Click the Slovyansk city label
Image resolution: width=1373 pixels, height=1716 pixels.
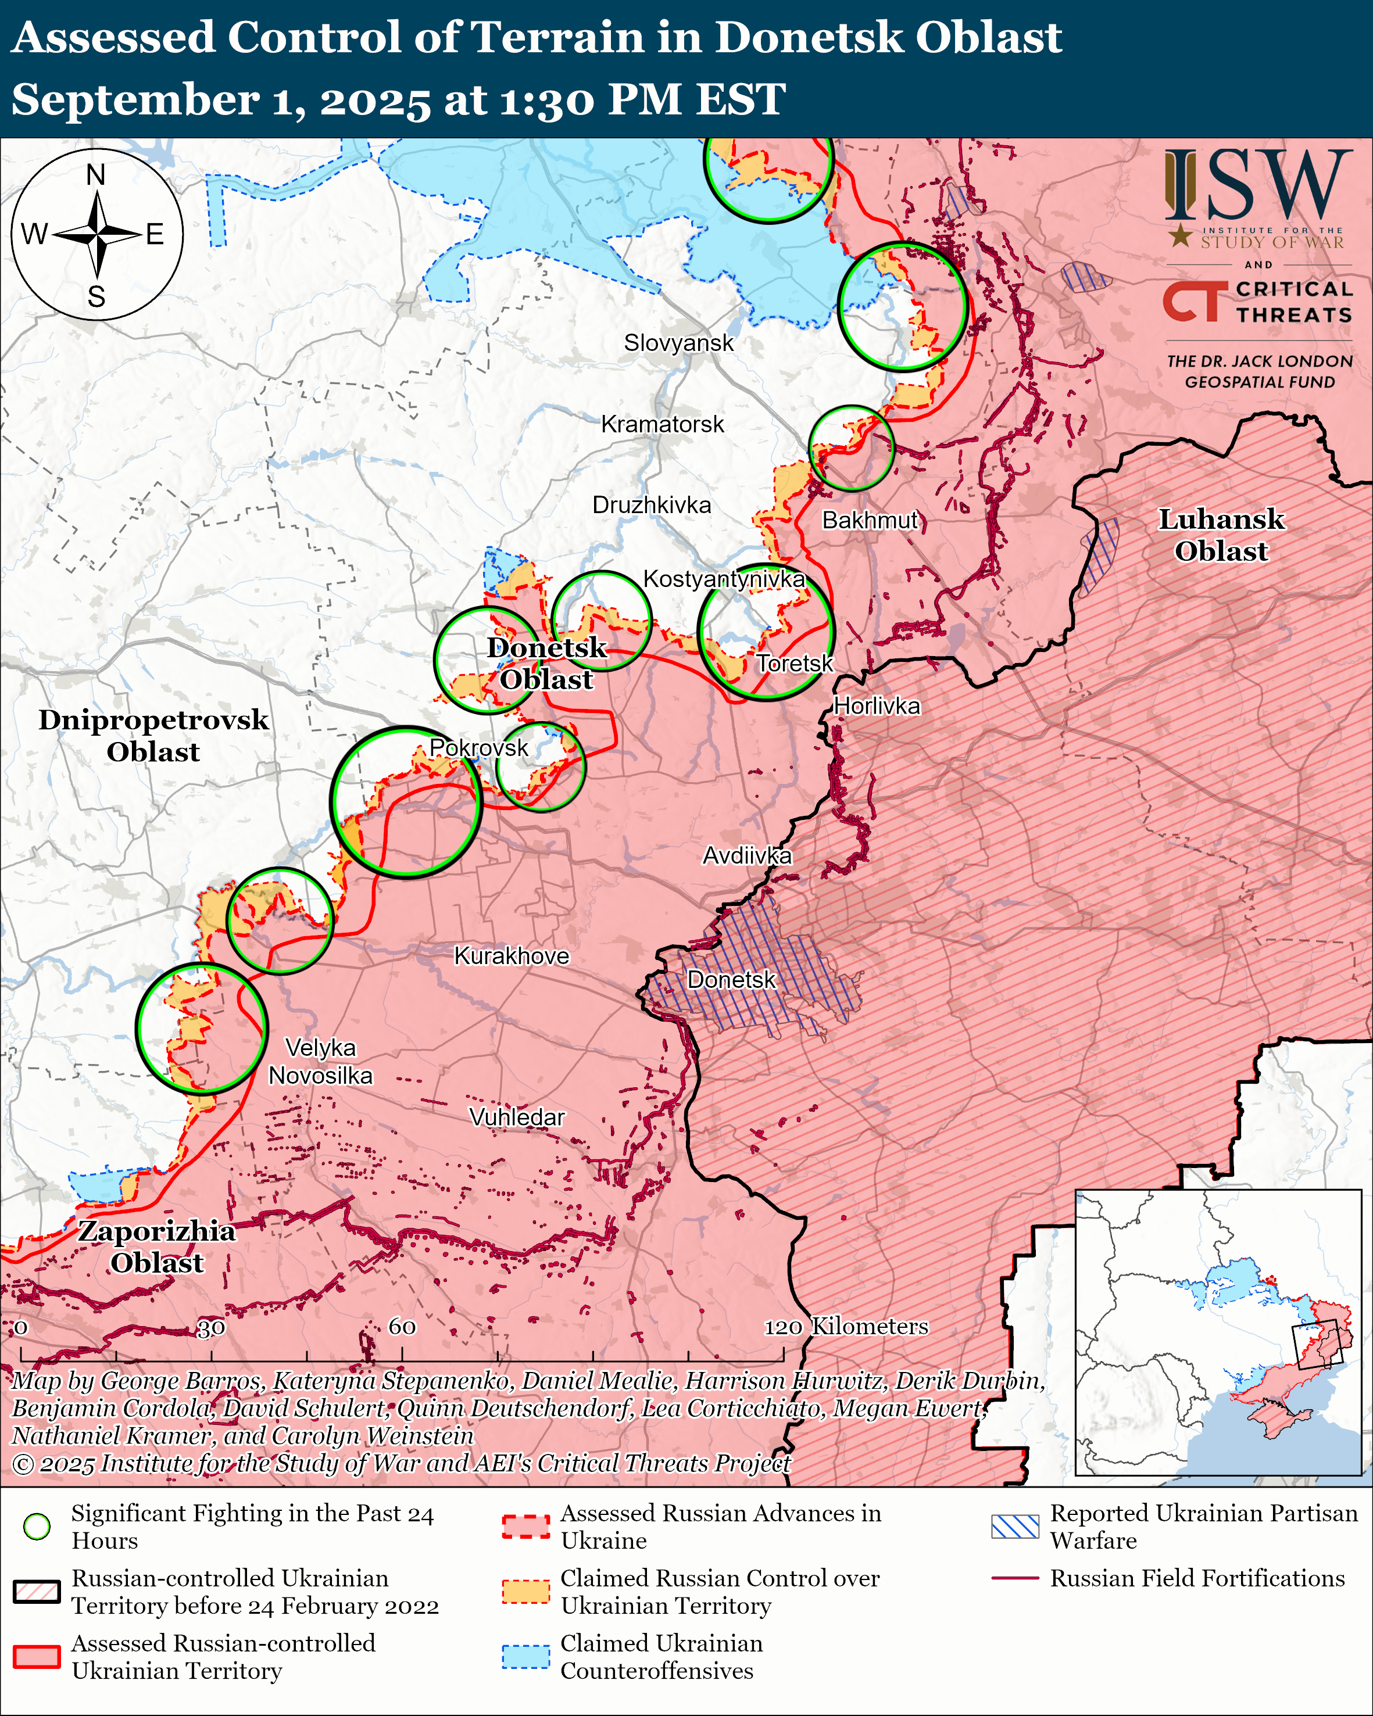(x=678, y=343)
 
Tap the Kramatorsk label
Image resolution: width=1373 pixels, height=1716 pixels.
(x=662, y=424)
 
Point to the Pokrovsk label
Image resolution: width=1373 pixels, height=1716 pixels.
(x=478, y=747)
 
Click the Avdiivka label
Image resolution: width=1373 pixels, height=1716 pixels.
(x=746, y=855)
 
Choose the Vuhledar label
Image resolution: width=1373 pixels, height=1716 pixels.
(x=517, y=1117)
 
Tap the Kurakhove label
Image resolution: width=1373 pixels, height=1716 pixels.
(x=511, y=956)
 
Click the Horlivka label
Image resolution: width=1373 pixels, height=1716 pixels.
(x=877, y=706)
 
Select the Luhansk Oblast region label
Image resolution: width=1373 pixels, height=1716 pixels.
(x=1220, y=535)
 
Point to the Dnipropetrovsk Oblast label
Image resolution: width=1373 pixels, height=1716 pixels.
(x=153, y=736)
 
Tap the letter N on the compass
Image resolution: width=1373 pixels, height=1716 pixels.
(x=95, y=174)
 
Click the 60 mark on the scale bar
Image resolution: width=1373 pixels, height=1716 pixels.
(x=402, y=1326)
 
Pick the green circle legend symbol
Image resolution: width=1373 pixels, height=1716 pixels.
(x=37, y=1527)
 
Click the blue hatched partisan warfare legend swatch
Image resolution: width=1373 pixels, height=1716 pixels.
(x=1015, y=1527)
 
